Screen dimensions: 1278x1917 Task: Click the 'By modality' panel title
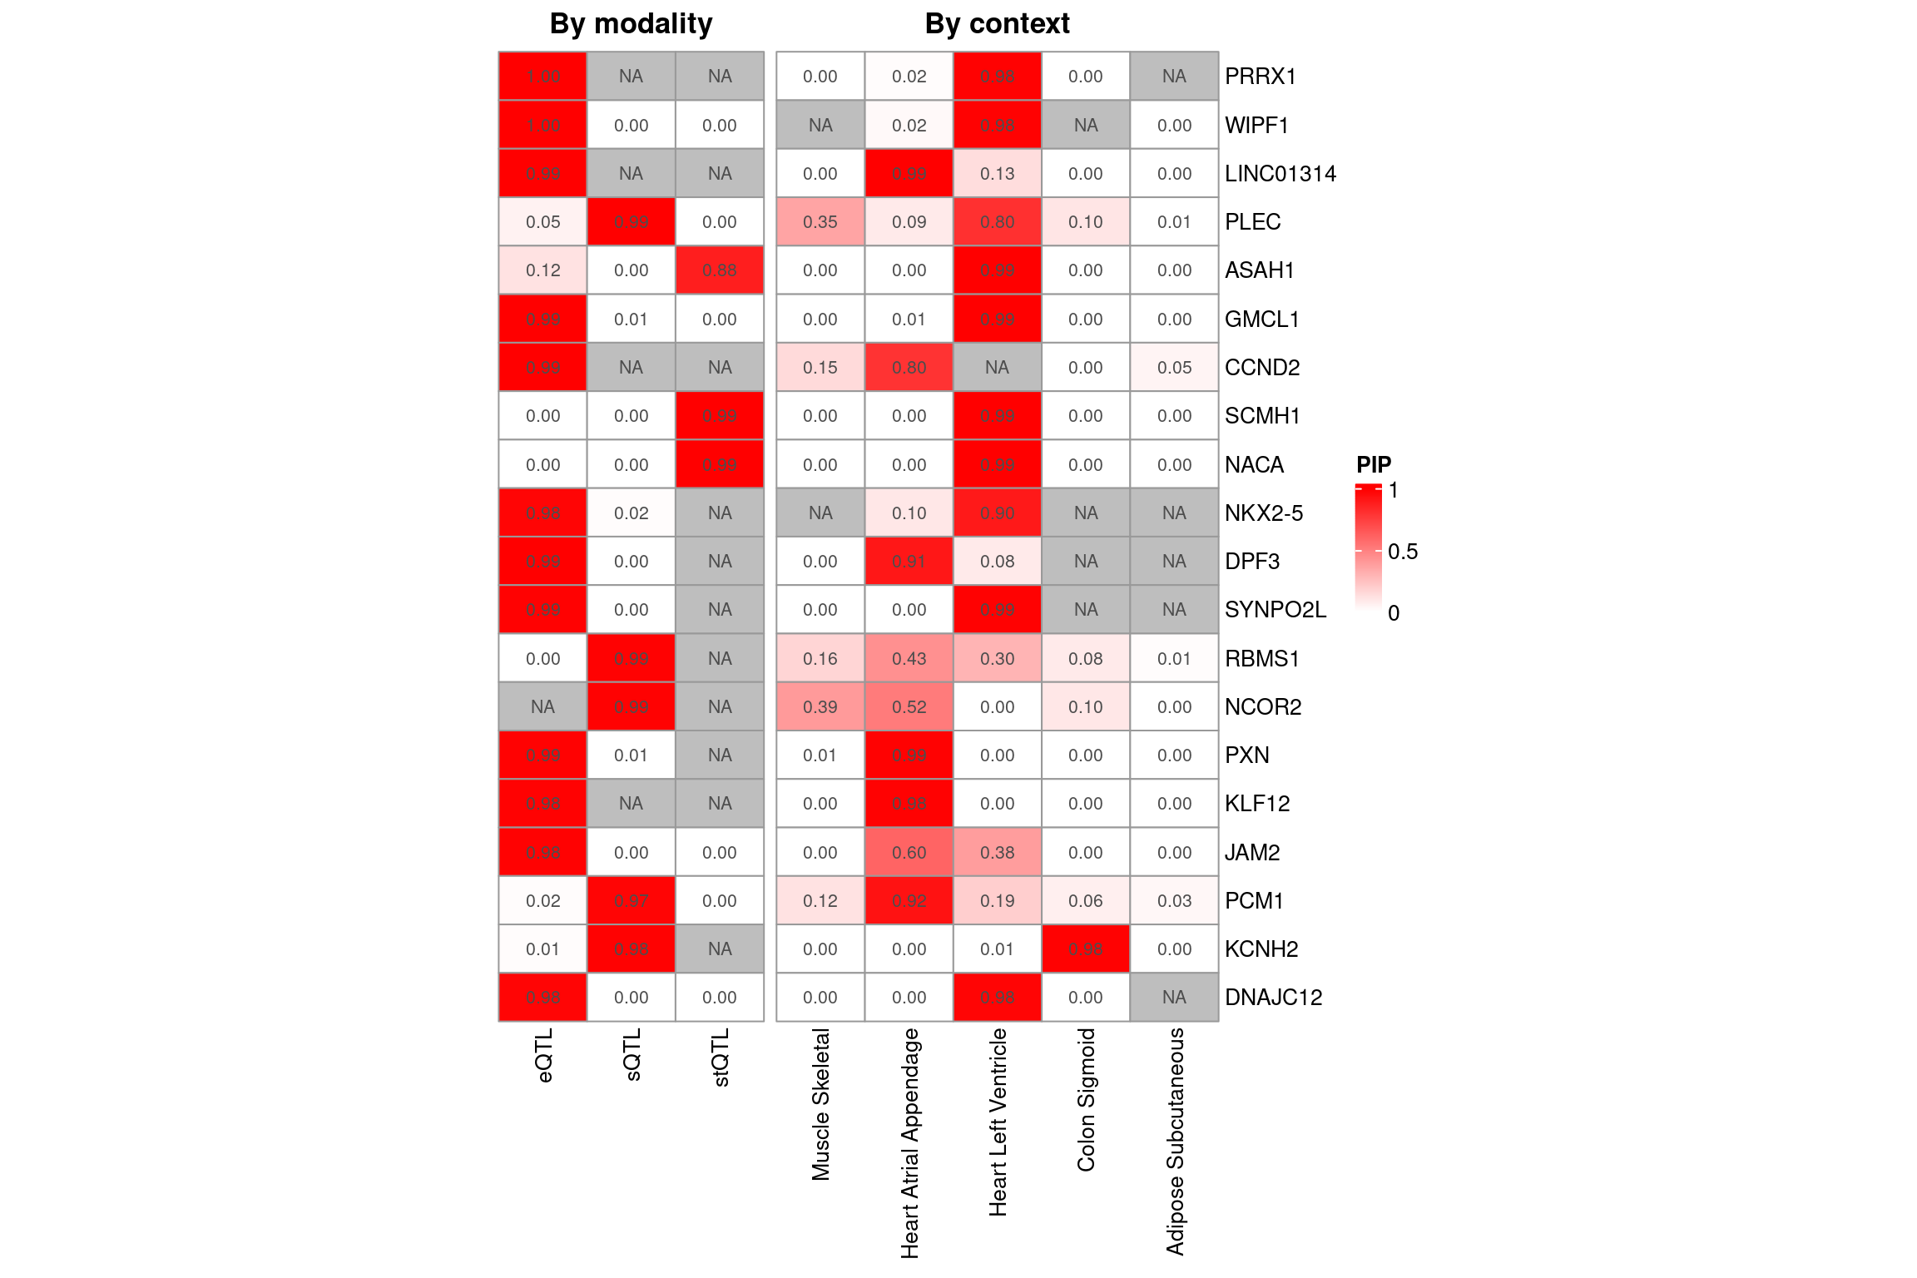[x=631, y=24]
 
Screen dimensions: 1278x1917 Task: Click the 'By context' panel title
[x=997, y=24]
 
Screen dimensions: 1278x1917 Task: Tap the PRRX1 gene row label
[x=1261, y=77]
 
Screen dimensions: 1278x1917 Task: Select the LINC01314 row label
[x=1280, y=174]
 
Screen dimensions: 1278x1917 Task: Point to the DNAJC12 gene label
[x=1273, y=998]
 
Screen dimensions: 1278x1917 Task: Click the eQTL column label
[x=544, y=1055]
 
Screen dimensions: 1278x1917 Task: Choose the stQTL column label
[x=721, y=1057]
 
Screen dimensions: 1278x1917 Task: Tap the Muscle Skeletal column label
[x=820, y=1104]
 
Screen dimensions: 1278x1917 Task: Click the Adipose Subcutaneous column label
[x=1175, y=1141]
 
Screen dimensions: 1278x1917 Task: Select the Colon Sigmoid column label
[x=1086, y=1099]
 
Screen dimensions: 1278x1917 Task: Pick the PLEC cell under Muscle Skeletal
[x=820, y=222]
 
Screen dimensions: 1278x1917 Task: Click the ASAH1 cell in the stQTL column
[x=720, y=270]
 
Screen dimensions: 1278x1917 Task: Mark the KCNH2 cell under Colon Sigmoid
[x=1086, y=949]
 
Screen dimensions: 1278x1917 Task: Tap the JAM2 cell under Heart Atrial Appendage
[x=909, y=853]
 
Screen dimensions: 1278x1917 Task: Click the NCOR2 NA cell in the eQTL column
[x=542, y=707]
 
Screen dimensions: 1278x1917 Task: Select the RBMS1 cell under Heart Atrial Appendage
[x=909, y=659]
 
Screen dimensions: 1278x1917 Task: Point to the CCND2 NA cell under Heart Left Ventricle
[x=997, y=368]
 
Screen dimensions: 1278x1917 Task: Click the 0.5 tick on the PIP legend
[x=1402, y=552]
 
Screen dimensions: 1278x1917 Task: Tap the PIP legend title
[x=1374, y=464]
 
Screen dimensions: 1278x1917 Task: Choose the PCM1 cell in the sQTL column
[x=631, y=901]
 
